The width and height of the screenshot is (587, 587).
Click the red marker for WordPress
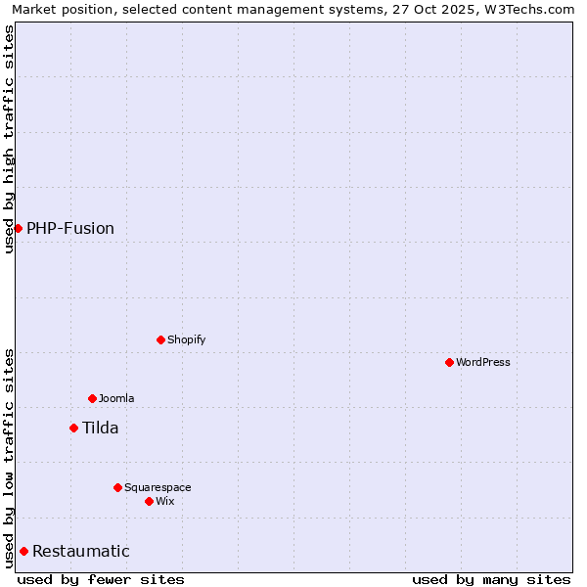click(449, 362)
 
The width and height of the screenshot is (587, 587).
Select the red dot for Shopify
click(160, 339)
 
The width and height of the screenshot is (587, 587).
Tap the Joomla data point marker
click(92, 398)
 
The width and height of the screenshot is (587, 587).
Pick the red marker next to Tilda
click(73, 428)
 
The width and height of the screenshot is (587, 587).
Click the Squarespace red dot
click(117, 487)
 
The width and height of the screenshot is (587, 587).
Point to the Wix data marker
click(149, 501)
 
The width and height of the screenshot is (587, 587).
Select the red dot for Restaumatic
click(23, 551)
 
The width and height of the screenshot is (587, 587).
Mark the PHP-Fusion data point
click(18, 228)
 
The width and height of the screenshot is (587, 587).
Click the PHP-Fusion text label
click(70, 229)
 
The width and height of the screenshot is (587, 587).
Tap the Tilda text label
click(100, 428)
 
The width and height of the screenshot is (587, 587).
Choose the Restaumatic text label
click(81, 552)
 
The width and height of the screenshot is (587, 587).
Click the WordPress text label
click(483, 362)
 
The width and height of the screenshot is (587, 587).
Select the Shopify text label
click(186, 339)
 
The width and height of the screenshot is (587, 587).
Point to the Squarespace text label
click(158, 487)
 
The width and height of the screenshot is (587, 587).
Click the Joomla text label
click(116, 398)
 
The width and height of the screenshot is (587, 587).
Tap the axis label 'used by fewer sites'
click(101, 579)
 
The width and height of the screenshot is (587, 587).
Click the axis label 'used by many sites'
click(491, 579)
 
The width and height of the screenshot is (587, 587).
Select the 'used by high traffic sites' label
click(9, 139)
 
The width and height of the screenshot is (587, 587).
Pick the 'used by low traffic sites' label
click(9, 457)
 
